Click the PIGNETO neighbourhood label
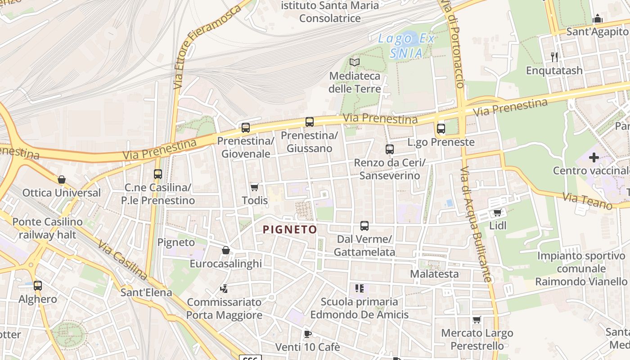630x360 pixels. click(290, 229)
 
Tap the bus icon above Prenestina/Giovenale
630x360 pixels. click(245, 128)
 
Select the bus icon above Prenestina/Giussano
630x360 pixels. click(309, 121)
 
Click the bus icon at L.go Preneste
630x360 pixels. click(441, 129)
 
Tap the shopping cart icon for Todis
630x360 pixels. click(255, 187)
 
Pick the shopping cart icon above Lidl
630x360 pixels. click(497, 212)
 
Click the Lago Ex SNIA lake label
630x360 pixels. click(406, 46)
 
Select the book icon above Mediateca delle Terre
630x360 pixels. click(355, 62)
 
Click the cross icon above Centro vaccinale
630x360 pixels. click(594, 157)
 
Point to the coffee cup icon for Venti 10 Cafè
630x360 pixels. click(307, 334)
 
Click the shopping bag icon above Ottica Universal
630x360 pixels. click(62, 180)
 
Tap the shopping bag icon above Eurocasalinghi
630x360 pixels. click(225, 250)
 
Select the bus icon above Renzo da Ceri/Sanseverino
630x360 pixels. click(390, 149)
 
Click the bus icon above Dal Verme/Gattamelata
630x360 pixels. click(364, 225)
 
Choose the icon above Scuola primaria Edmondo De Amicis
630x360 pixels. click(359, 288)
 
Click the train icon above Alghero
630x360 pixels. click(38, 285)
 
